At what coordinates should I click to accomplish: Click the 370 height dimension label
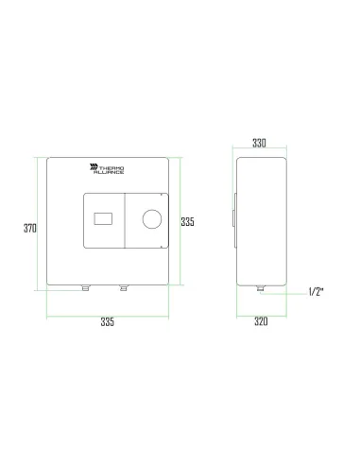pyautogui.click(x=29, y=228)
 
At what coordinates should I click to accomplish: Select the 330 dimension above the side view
pyautogui.click(x=259, y=144)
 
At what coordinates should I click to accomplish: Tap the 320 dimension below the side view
pyautogui.click(x=261, y=321)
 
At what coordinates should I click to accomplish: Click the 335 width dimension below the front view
pyautogui.click(x=107, y=322)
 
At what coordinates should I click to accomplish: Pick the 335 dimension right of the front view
pyautogui.click(x=187, y=222)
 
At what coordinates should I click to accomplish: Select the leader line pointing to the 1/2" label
pyautogui.click(x=285, y=292)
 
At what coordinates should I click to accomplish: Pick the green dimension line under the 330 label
pyautogui.click(x=260, y=151)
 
